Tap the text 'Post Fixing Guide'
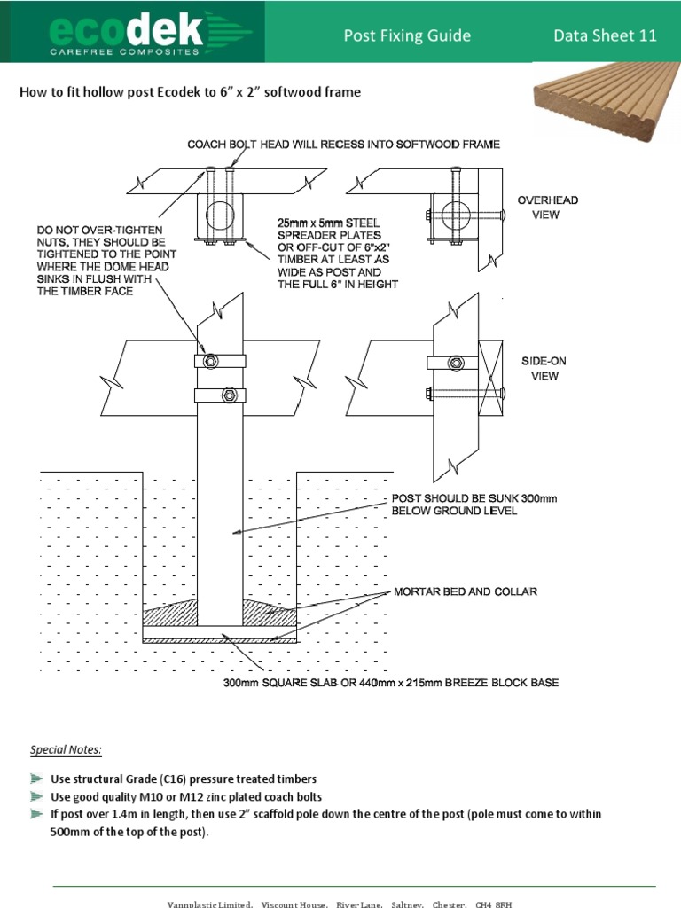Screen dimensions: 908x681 pos(407,35)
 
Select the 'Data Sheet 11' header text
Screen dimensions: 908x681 pos(606,35)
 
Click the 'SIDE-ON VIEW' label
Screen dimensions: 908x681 pos(544,369)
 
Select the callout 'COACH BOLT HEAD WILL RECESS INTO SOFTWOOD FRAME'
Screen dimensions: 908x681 pos(343,144)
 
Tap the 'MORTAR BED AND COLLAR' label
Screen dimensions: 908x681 pos(466,591)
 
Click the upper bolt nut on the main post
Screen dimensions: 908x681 pos(209,362)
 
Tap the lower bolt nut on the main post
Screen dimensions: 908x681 pos(228,395)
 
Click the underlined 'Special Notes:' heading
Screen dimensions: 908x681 pos(67,750)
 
